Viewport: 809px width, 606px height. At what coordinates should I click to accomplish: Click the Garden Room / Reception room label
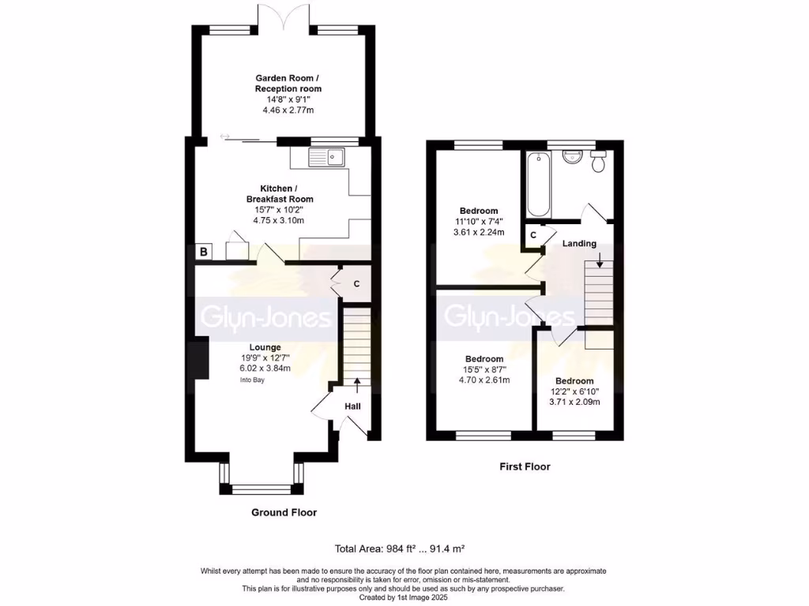(x=288, y=83)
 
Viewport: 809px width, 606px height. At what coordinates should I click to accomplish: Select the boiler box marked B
(x=204, y=252)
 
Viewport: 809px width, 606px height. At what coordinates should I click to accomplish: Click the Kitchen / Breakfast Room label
(x=278, y=194)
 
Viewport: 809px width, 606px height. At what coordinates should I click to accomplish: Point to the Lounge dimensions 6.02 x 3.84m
(x=265, y=368)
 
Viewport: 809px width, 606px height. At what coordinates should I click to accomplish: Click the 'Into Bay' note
(x=253, y=380)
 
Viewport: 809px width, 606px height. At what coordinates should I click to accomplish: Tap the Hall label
(x=352, y=406)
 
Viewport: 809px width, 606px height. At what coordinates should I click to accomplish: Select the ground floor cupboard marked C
(x=356, y=283)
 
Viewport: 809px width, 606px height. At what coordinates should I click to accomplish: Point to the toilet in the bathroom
(x=598, y=161)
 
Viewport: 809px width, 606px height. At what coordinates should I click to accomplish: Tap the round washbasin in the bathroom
(x=570, y=157)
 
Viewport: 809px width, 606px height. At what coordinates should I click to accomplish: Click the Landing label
(x=579, y=244)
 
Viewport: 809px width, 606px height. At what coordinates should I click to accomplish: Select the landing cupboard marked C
(x=533, y=235)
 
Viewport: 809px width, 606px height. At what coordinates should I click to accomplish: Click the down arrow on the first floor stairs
(x=599, y=259)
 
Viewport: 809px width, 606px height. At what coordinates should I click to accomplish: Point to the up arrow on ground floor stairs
(x=356, y=384)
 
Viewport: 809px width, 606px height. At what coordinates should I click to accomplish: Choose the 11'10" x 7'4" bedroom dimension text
(x=479, y=222)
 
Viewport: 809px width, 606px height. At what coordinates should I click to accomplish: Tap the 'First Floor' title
(x=525, y=466)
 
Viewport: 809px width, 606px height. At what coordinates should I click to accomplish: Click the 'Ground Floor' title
(x=284, y=513)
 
